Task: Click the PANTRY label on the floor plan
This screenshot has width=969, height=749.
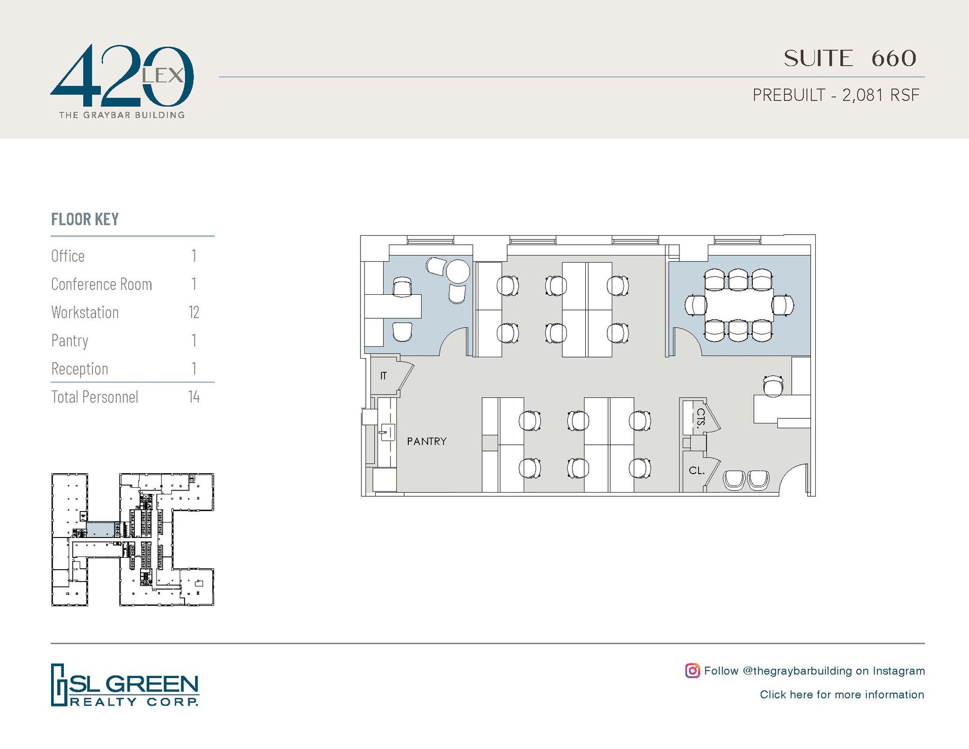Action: point(426,441)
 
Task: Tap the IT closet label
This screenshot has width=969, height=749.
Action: point(383,376)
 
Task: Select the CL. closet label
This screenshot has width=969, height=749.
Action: point(696,471)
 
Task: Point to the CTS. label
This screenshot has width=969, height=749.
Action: point(701,417)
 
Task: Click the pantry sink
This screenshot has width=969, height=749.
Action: point(388,432)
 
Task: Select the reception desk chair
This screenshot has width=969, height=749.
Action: point(773,386)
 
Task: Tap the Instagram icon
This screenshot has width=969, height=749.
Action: point(692,670)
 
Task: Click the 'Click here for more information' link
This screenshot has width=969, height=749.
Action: point(842,695)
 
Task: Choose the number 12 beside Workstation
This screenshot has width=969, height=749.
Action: point(194,312)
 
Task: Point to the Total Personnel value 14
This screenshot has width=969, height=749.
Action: point(194,397)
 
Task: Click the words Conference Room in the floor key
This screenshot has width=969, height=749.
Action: point(101,284)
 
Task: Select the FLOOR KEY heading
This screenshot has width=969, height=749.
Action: point(85,220)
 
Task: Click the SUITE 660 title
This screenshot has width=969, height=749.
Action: point(850,58)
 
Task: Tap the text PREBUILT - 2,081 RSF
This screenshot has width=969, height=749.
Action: point(836,95)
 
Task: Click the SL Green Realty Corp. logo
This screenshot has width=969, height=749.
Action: point(125,685)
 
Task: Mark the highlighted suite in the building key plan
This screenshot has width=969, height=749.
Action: point(100,529)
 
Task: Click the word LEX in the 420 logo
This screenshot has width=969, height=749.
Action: point(162,75)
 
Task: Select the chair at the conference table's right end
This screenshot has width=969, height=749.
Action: point(784,305)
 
